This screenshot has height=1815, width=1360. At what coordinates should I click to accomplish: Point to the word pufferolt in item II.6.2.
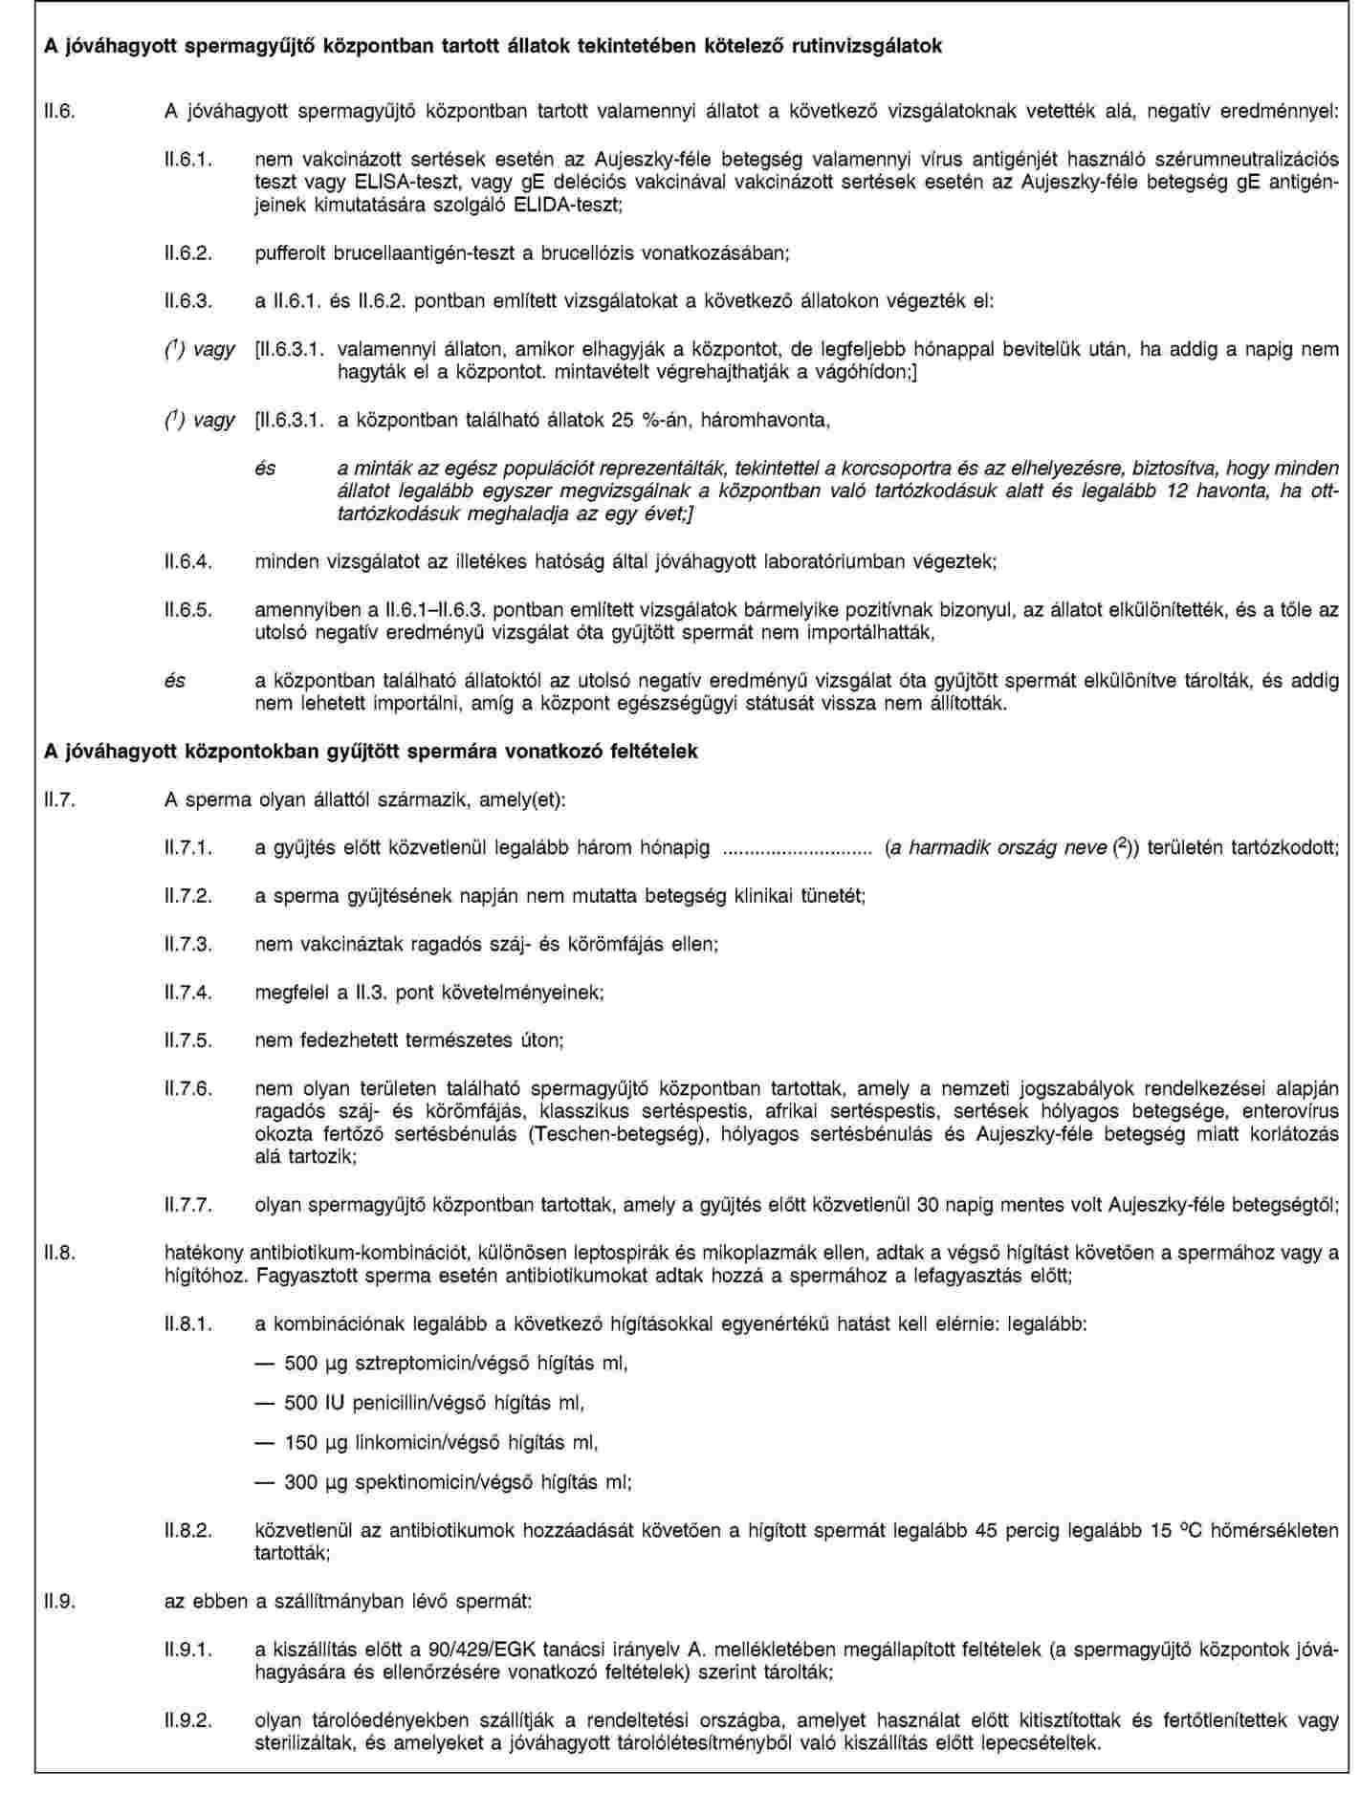tap(291, 253)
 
